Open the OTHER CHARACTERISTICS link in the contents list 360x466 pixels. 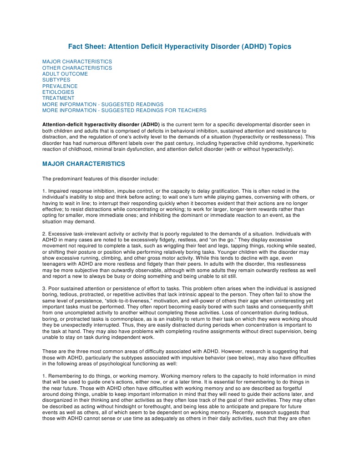77,68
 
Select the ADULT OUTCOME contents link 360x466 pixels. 65,74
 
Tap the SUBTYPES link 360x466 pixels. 56,80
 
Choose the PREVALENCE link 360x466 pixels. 60,86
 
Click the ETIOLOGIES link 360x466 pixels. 58,92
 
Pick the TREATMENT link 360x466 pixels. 58,98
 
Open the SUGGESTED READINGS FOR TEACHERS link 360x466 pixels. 124,110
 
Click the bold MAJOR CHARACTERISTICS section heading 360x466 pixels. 83,164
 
